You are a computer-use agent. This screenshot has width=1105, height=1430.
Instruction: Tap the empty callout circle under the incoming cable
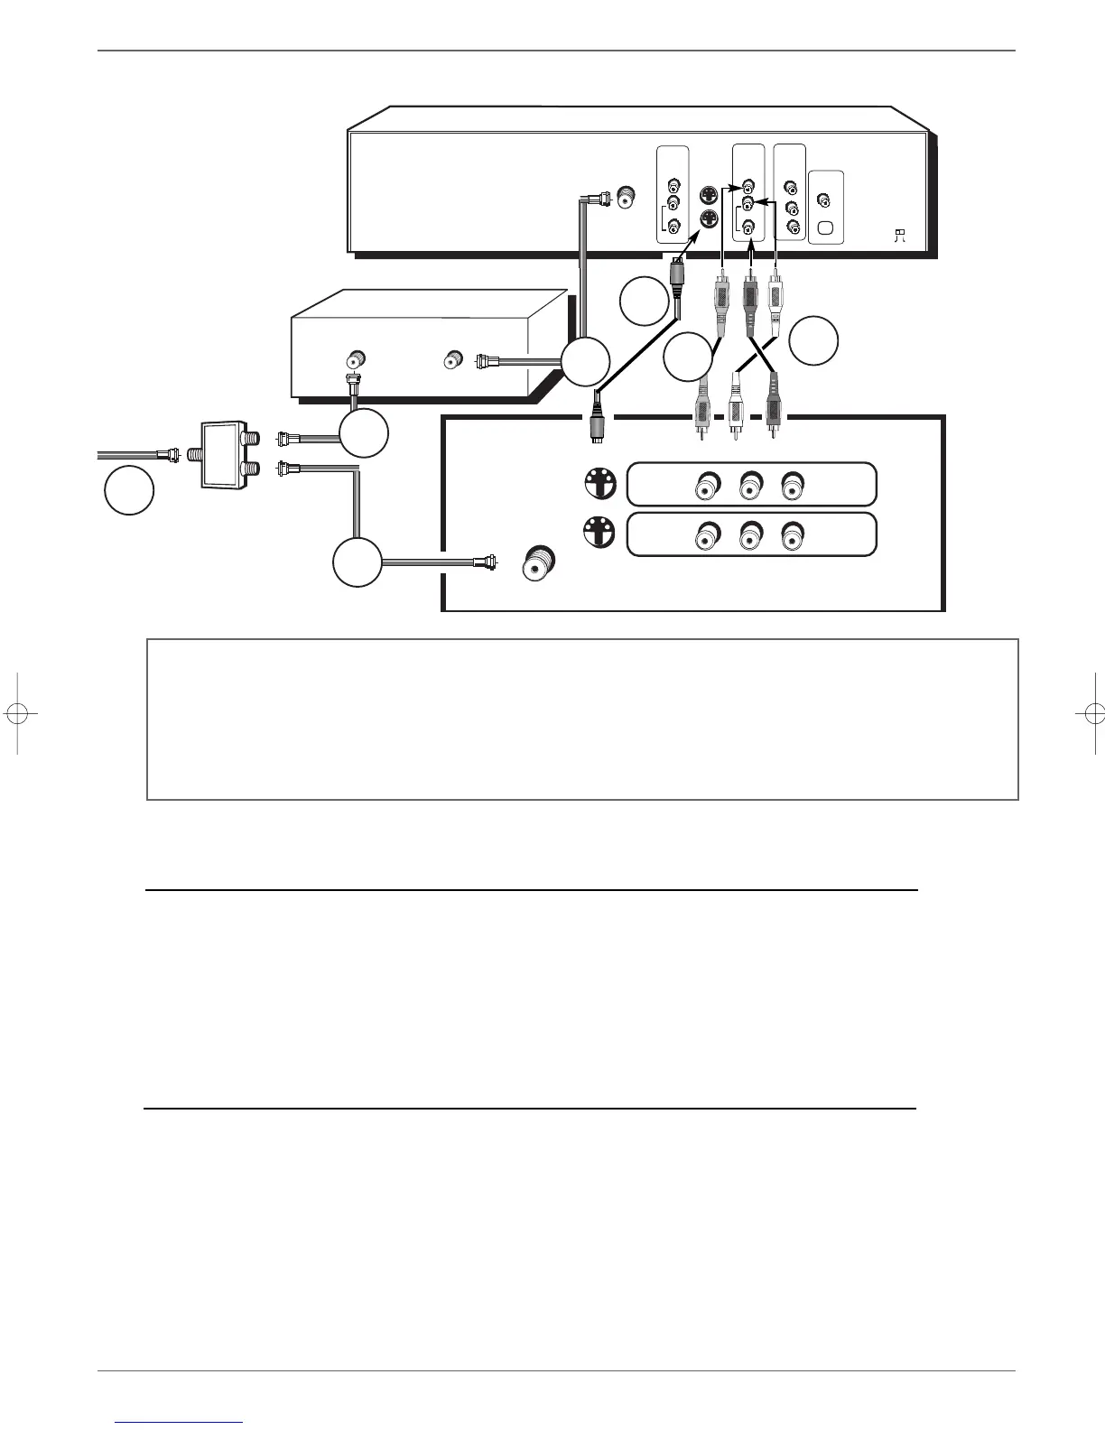(128, 490)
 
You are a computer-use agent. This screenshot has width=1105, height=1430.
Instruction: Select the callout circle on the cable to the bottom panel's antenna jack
(357, 562)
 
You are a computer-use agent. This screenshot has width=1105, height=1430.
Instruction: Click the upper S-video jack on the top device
(710, 194)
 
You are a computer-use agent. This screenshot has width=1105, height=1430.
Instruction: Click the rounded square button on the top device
(824, 227)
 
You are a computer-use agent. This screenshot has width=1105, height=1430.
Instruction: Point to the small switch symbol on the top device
(899, 236)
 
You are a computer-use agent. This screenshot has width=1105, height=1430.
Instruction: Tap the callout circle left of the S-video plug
(645, 301)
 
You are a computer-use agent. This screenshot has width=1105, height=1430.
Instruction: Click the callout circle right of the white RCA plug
(813, 340)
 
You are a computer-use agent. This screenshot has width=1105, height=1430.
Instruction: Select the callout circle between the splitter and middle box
(364, 433)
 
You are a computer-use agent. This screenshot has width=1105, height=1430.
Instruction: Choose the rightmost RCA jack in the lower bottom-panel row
(791, 536)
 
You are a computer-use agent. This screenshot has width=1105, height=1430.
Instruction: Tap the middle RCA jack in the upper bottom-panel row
(748, 487)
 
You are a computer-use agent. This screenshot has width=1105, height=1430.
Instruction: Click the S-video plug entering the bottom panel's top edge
(596, 420)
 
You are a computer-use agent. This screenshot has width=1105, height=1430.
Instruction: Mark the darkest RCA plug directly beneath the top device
(748, 294)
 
